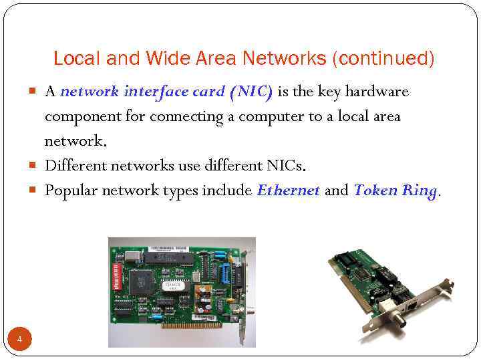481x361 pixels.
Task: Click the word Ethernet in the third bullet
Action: [x=288, y=191]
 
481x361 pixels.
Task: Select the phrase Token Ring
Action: [x=395, y=191]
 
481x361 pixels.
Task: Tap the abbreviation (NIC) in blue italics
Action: [x=251, y=92]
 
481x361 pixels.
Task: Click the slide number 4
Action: [x=19, y=340]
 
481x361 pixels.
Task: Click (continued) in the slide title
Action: [x=383, y=59]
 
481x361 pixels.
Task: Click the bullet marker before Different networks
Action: [x=35, y=166]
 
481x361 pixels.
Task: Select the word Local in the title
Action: [x=73, y=59]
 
